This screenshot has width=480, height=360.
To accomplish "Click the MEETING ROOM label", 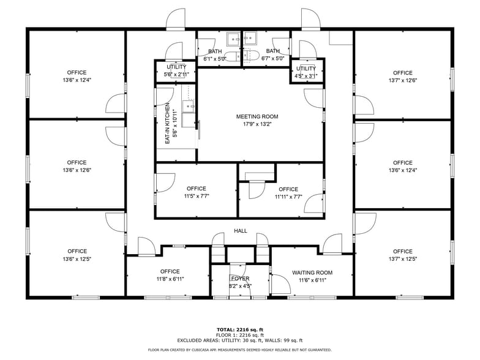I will (257, 116).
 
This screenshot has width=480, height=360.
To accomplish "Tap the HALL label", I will (240, 231).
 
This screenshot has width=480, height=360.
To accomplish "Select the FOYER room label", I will (240, 279).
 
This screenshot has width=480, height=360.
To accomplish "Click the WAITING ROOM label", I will (312, 273).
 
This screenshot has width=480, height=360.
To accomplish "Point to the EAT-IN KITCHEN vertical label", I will (167, 123).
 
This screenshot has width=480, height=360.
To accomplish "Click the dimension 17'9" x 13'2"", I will (257, 125).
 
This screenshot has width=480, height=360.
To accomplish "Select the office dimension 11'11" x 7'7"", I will (288, 197).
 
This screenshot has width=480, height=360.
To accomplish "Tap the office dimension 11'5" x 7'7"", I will (196, 197).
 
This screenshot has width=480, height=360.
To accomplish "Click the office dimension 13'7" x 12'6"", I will (402, 81).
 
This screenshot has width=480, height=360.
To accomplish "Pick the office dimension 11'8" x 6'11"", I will (170, 279).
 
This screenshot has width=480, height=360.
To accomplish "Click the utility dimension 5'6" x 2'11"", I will (176, 74).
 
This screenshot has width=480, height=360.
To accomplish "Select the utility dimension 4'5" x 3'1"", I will (306, 76).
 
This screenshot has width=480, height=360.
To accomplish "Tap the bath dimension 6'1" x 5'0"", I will (215, 59).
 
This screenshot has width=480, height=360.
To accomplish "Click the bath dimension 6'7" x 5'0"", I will (273, 59).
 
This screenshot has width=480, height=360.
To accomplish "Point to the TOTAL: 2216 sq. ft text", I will (240, 329).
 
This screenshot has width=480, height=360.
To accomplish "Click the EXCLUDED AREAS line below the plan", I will (240, 340).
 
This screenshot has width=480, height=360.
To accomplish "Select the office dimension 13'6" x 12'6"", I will (77, 170).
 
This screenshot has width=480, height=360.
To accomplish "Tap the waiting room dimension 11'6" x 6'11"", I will (312, 280).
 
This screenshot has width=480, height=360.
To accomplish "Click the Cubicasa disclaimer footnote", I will (240, 350).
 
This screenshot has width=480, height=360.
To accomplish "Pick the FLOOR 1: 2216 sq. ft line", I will (240, 335).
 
